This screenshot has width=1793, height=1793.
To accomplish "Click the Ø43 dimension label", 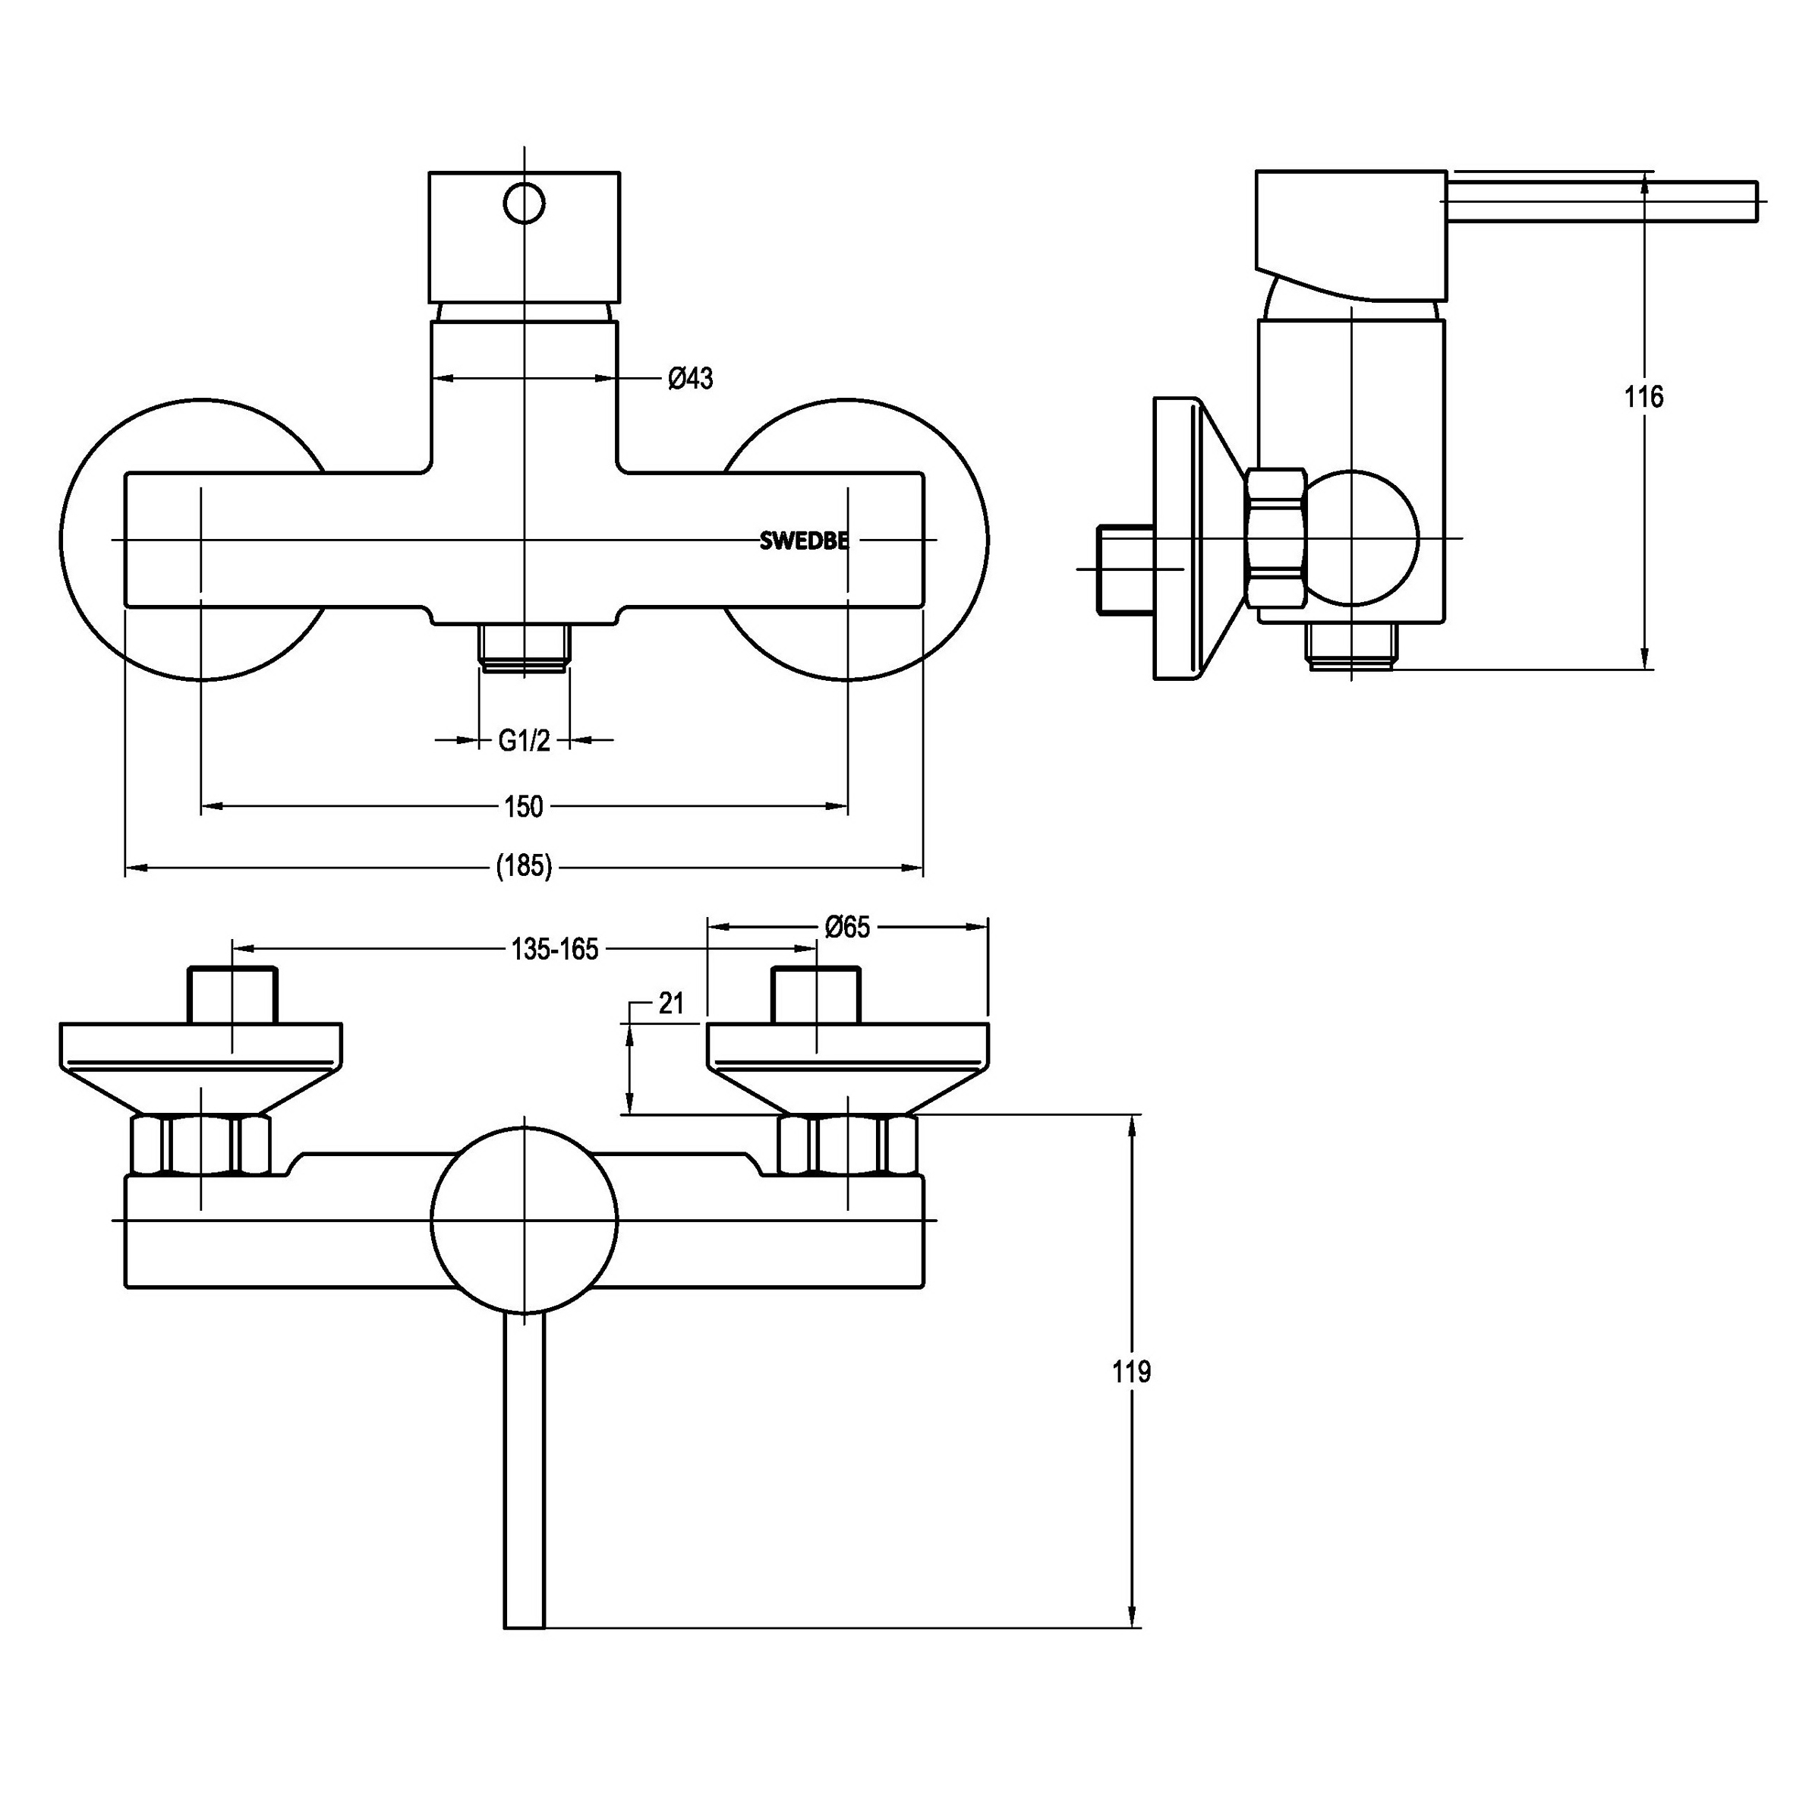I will pos(691,379).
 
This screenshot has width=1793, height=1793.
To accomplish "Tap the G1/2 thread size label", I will pos(525,741).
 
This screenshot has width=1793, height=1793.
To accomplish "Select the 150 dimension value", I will pos(524,806).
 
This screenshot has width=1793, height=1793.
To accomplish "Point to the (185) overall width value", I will pos(525,867).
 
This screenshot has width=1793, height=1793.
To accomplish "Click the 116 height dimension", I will pos(1643,397).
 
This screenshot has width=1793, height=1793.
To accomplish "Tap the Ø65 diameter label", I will pos(847,927).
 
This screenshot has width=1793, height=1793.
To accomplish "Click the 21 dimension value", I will pos(671,1004).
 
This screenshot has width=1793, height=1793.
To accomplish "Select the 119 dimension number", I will pos(1131,1372).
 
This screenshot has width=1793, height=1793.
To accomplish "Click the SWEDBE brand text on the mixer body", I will pos(804,541).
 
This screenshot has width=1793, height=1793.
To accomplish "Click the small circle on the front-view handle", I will pos(525,203).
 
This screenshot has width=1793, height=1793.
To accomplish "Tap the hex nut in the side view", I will pos(1278,539).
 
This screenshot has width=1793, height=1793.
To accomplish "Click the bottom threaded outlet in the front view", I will pos(525,646).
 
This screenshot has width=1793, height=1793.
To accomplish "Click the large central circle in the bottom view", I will pos(525,1221).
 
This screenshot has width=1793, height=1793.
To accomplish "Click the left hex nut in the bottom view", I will pos(201,1146).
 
